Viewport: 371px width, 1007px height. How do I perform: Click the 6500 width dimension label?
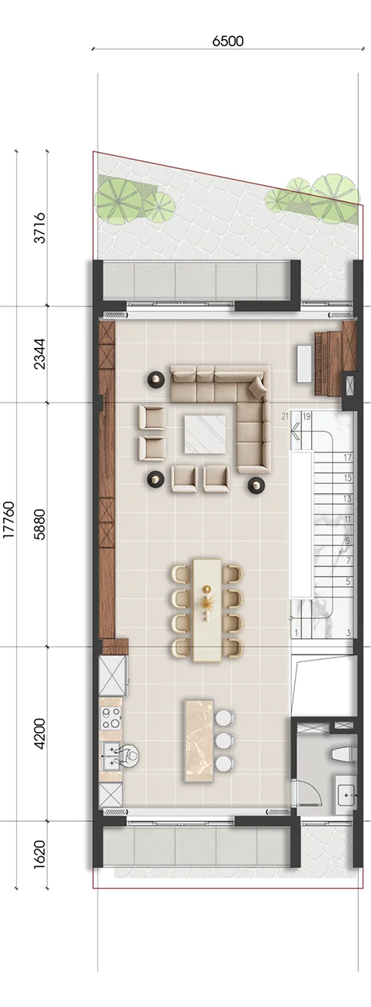pos(227,41)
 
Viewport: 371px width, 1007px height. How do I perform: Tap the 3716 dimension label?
pos(40,228)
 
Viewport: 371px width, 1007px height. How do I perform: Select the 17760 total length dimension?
pos(9,520)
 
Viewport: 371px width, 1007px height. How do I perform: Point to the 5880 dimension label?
pos(40,524)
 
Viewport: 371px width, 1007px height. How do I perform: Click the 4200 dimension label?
pos(40,734)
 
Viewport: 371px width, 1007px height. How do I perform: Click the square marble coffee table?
pos(205,434)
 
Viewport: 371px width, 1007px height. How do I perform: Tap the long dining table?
pos(207,610)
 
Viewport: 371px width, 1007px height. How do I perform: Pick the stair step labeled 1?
pos(296,633)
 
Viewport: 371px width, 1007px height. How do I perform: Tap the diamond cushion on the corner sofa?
pos(257,387)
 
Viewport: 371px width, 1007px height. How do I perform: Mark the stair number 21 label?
pos(285,416)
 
